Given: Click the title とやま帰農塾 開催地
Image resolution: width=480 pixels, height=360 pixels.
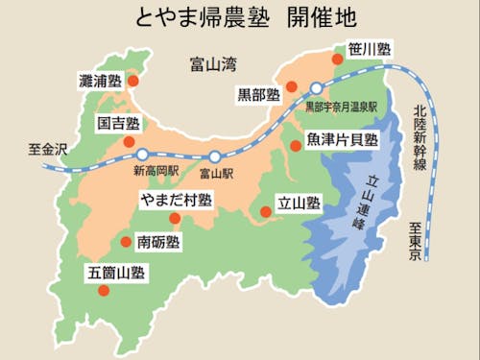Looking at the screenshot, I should click(x=241, y=19).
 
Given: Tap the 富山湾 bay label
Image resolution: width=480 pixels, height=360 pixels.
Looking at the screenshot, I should click(x=213, y=65).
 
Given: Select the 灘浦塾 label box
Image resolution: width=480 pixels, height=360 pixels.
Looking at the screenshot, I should click(x=100, y=83).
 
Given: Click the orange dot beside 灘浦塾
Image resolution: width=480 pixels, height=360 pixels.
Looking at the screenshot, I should click(x=132, y=83).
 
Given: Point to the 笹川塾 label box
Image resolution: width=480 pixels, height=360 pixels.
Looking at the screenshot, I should click(x=370, y=48).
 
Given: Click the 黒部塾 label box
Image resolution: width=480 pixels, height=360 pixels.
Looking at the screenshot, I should click(x=259, y=95).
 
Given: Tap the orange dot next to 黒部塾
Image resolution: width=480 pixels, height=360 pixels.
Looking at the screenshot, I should click(x=292, y=87).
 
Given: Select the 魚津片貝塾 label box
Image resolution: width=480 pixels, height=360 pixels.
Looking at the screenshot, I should click(x=343, y=140).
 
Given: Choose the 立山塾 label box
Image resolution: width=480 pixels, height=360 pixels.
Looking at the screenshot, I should click(x=299, y=204).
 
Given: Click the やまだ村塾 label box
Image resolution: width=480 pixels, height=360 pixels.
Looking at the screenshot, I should click(x=175, y=200).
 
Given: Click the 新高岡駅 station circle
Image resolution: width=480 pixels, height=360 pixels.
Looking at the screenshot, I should click(x=142, y=154).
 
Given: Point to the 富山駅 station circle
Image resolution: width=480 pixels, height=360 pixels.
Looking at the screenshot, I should click(x=215, y=156).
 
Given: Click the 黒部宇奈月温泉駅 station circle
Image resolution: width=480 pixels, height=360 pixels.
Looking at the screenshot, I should click(x=316, y=88).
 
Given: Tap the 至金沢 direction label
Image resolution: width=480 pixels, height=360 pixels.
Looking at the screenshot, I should click(x=47, y=150).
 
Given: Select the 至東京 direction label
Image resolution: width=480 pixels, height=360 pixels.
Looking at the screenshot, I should click(x=416, y=241).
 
